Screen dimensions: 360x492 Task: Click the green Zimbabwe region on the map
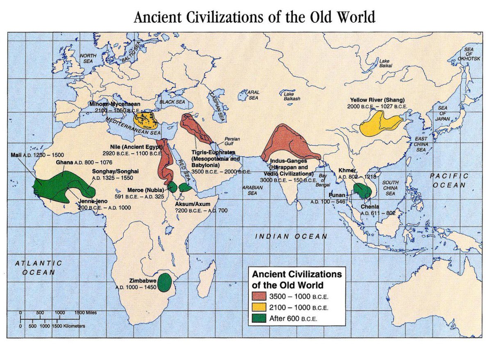point(165,282)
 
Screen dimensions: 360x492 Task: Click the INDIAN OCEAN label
point(291,236)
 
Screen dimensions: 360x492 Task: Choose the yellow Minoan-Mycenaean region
point(147,119)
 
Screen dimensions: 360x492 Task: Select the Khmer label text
point(347,171)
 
